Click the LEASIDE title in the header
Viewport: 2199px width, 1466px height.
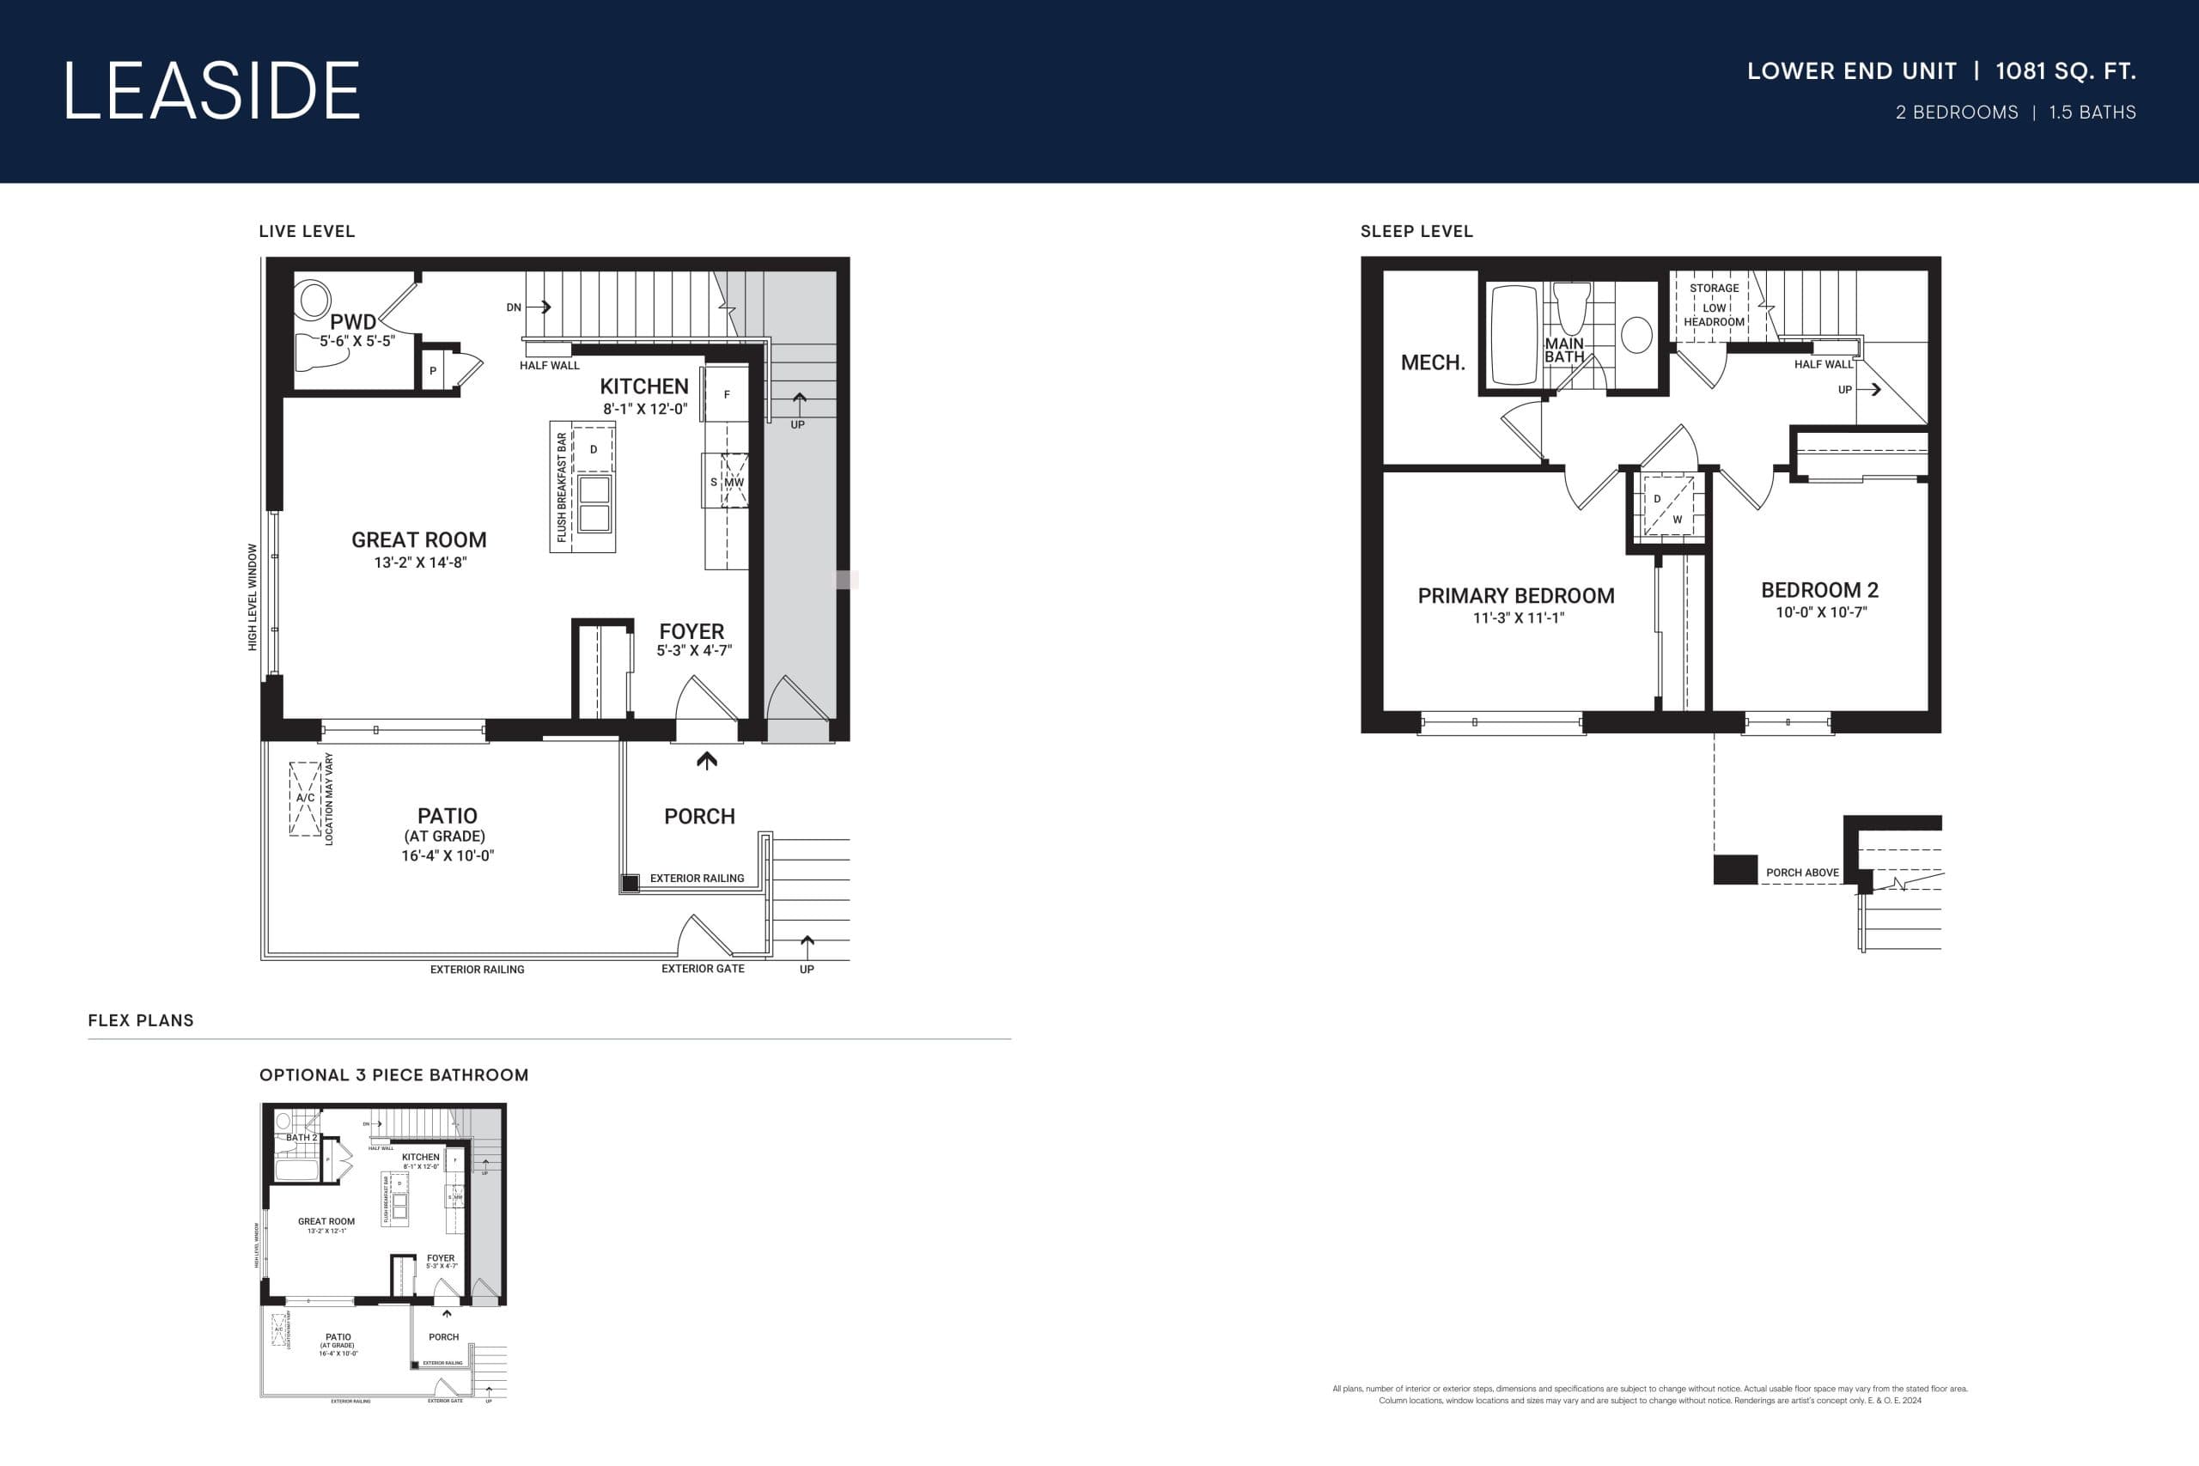pos(211,91)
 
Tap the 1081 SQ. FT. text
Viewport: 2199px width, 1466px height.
pos(2065,71)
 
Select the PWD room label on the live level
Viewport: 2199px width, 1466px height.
pos(352,321)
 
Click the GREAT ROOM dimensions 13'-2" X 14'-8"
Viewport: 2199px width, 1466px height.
pos(420,562)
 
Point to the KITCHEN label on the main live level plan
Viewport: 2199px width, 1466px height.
pos(643,386)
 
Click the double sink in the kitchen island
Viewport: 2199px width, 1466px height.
pos(594,504)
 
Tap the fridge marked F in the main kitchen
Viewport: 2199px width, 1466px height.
pos(727,394)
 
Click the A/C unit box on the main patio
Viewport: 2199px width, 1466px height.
pos(305,798)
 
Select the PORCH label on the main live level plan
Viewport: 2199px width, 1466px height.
pos(699,816)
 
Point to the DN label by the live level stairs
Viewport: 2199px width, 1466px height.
pos(514,307)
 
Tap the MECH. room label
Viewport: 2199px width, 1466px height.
pos(1432,362)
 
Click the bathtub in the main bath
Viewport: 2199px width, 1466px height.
pos(1514,335)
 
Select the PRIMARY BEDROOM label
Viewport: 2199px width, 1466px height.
pos(1515,595)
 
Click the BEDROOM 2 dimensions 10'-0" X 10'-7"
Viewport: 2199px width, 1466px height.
pos(1820,612)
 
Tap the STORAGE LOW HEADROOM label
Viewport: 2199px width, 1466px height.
pos(1714,305)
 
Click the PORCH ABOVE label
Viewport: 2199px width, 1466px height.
pos(1801,873)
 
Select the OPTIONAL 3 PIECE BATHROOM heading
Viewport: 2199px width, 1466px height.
pos(393,1075)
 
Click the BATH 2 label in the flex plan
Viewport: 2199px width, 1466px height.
pos(301,1138)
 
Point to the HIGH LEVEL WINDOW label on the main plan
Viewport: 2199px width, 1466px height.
pos(253,598)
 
